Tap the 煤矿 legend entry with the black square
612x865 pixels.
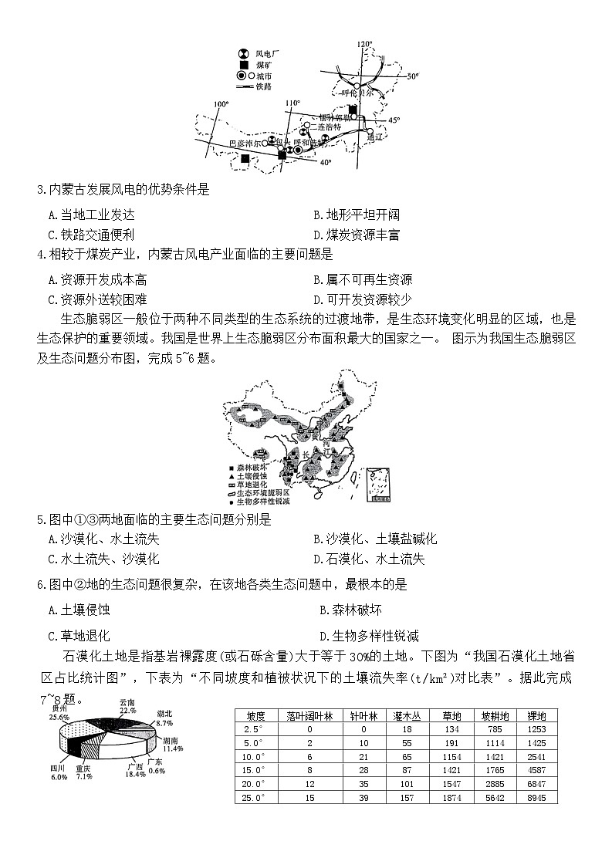coord(255,65)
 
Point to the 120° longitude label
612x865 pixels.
coord(364,45)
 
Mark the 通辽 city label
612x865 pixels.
coord(375,137)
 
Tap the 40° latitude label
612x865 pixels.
coord(325,163)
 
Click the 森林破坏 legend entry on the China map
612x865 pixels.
coord(250,467)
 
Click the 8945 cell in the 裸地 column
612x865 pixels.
coord(536,797)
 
